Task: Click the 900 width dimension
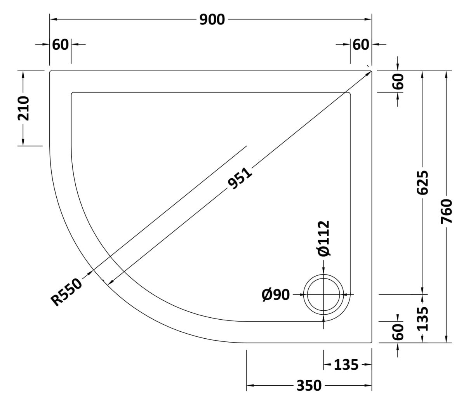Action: (x=212, y=19)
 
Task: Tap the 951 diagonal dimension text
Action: (x=240, y=179)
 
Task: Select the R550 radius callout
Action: (x=66, y=292)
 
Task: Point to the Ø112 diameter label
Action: (x=324, y=238)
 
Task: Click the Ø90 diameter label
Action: (x=276, y=295)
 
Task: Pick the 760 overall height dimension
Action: (x=447, y=211)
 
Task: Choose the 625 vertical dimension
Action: (x=423, y=183)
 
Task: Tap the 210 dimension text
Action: (x=23, y=109)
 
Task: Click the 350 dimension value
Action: (x=309, y=386)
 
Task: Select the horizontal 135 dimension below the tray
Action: (x=346, y=365)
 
